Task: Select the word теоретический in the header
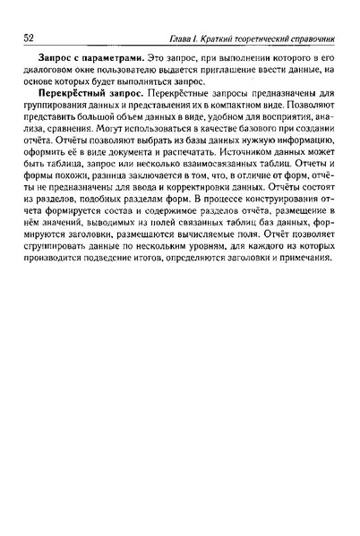pos(261,38)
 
